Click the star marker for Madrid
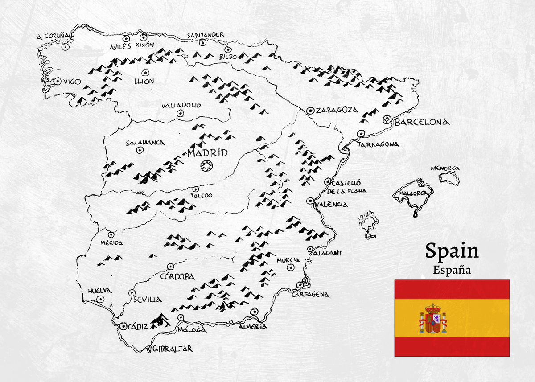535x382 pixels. tap(206, 166)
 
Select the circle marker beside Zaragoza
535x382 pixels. tap(310, 110)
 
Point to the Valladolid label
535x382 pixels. tap(181, 105)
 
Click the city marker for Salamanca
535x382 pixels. tap(139, 150)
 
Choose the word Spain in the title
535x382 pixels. tap(451, 251)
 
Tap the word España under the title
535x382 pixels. tap(452, 270)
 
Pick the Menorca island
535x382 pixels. tap(449, 177)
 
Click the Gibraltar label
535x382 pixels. tap(173, 349)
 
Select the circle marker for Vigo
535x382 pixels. tap(58, 81)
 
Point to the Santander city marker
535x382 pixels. tap(203, 43)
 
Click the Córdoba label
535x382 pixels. tap(177, 276)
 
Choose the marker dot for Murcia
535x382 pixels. tap(291, 267)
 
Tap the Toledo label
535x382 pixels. tap(202, 195)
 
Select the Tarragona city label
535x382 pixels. tap(378, 144)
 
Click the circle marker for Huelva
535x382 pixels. tap(101, 300)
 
